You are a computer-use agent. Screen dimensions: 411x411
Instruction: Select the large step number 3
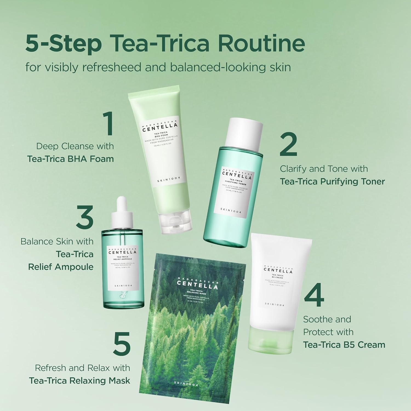tap(85, 218)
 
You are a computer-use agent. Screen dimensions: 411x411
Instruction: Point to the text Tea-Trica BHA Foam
tap(70, 159)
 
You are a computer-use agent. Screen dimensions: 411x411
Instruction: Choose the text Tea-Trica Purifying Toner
tap(332, 181)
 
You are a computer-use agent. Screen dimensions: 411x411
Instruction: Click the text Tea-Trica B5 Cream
tap(344, 344)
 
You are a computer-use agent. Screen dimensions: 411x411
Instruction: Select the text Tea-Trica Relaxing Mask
tap(79, 381)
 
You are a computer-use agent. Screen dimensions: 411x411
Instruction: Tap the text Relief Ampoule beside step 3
tap(61, 267)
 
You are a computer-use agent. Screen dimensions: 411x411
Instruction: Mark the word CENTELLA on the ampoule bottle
tap(119, 252)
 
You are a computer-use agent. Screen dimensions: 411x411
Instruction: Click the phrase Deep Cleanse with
tap(75, 146)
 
